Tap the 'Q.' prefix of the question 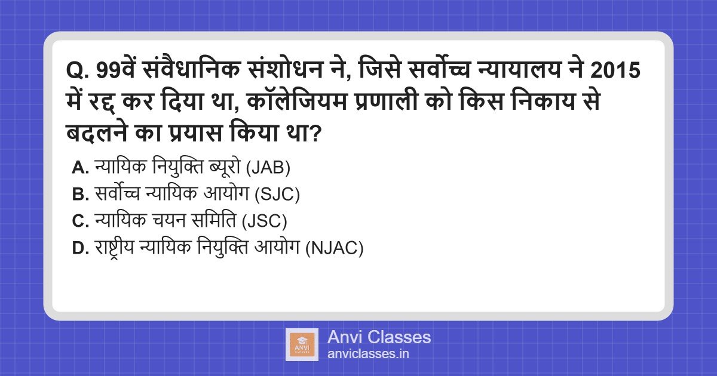pos(78,72)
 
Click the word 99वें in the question pos(117,72)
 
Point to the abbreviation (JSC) pos(265,221)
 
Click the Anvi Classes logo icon pos(301,344)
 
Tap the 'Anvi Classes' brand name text pos(379,337)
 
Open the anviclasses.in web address pos(368,353)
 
